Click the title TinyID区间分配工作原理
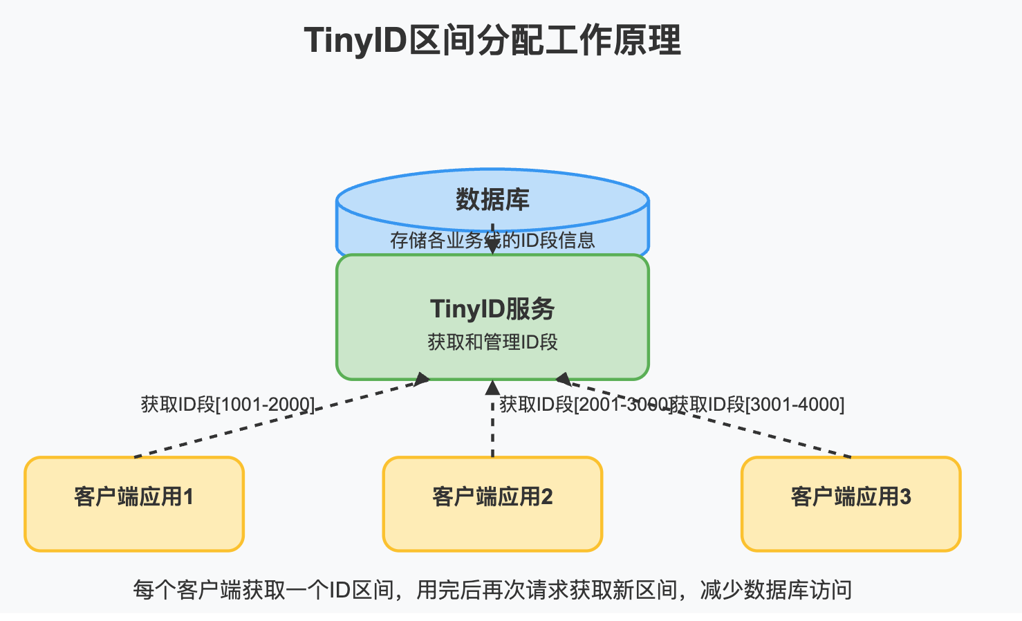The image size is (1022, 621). coord(492,40)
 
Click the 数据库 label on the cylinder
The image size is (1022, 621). coord(492,200)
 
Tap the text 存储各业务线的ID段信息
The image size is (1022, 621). coord(492,240)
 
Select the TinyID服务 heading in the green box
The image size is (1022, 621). coord(492,309)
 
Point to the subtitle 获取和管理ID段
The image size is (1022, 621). coord(492,342)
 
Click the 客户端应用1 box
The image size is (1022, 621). coord(134,503)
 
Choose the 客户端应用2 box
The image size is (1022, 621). coord(492,503)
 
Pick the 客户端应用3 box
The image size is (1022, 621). coord(851,503)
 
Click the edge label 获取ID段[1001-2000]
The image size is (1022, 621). coord(227,404)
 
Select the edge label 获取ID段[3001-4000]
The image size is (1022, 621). coord(758,404)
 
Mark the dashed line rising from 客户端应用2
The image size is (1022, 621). coord(492,436)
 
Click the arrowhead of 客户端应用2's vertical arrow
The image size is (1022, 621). coord(492,387)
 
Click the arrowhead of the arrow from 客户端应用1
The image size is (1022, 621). coord(421,379)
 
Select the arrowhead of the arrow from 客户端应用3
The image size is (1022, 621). coord(564,379)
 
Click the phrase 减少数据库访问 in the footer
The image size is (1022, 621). coord(776,590)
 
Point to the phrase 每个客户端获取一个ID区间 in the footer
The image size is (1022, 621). coord(263,590)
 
